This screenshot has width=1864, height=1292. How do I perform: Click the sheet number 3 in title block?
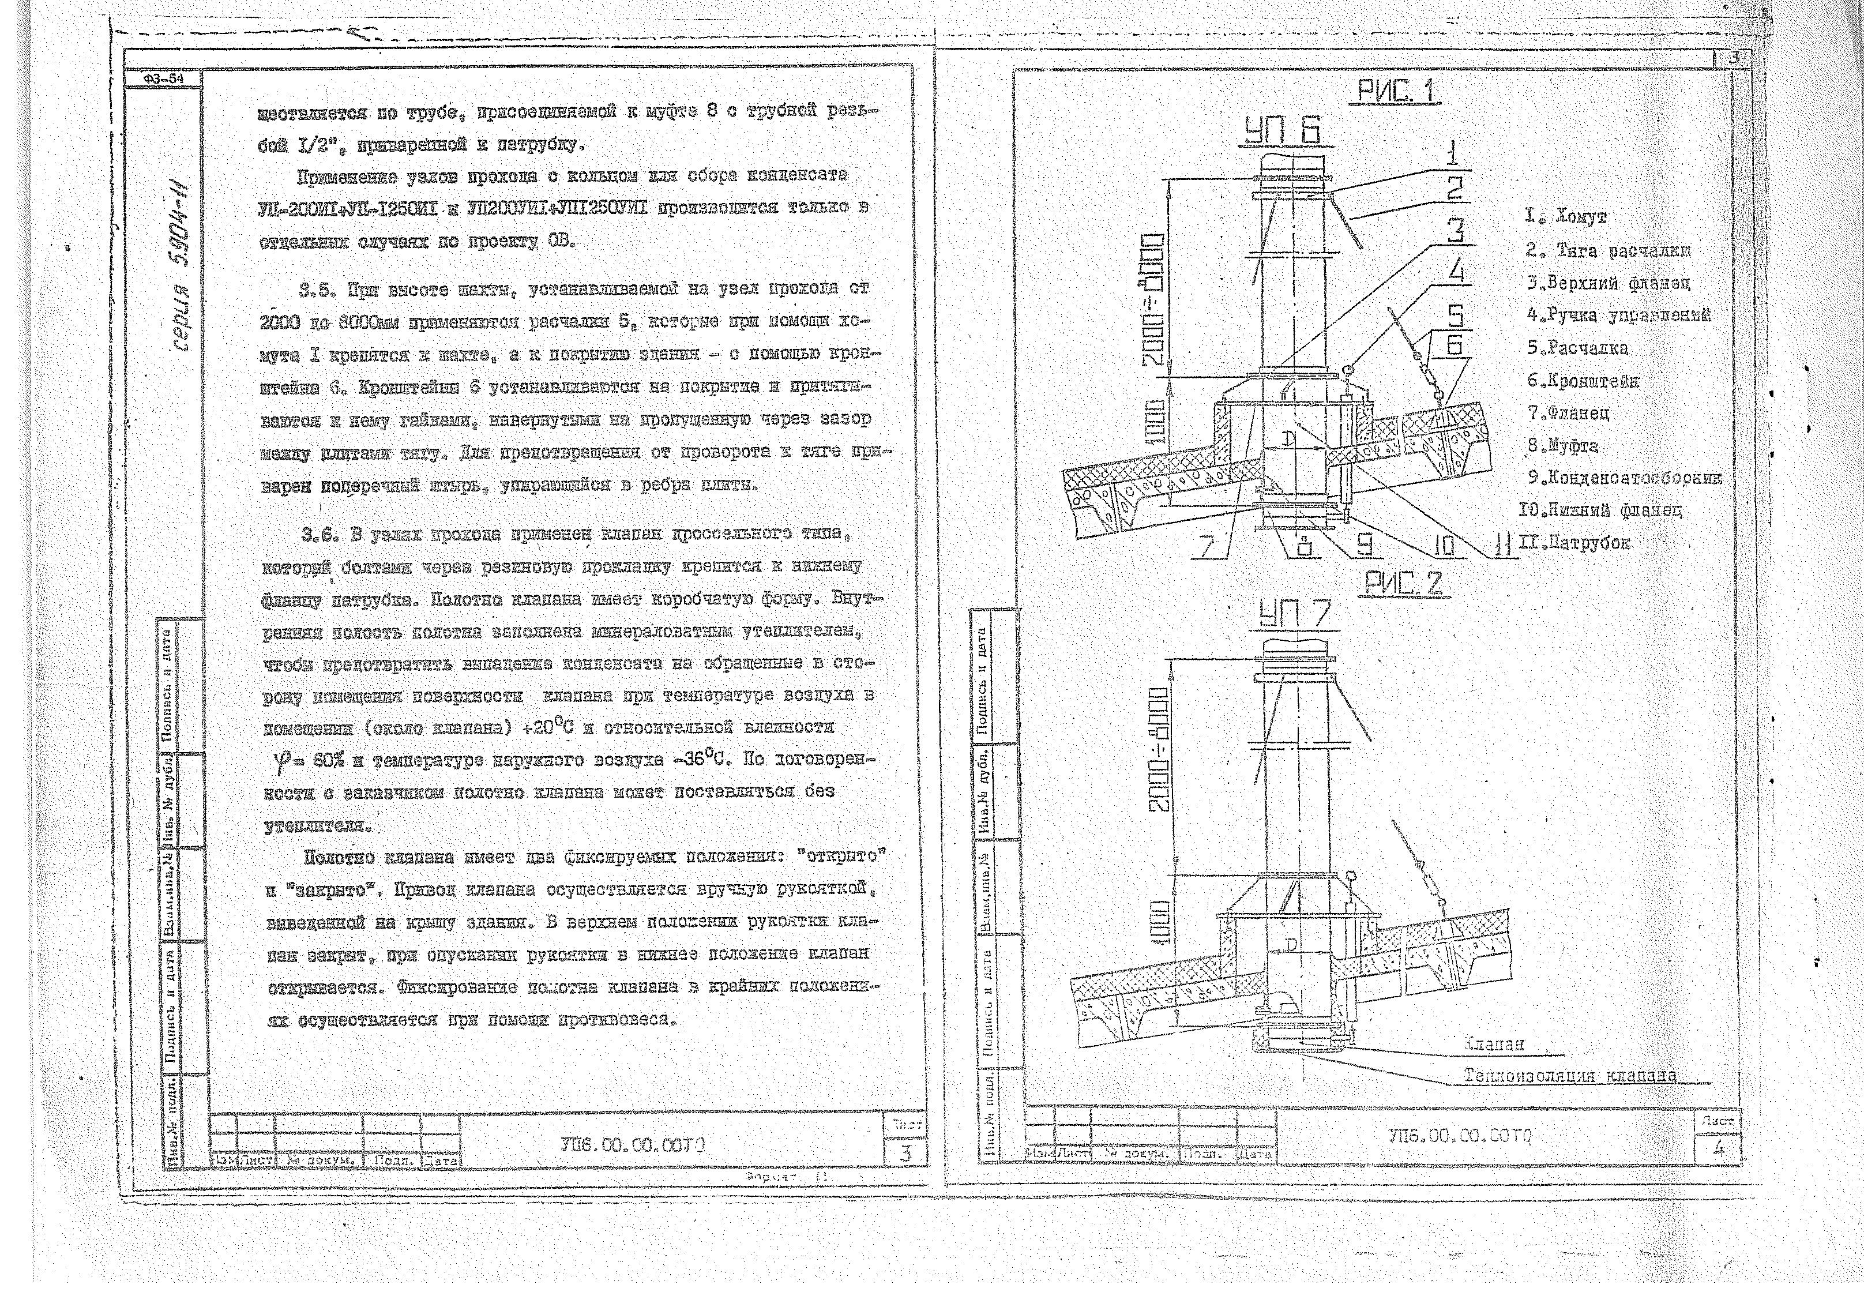pos(905,1154)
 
